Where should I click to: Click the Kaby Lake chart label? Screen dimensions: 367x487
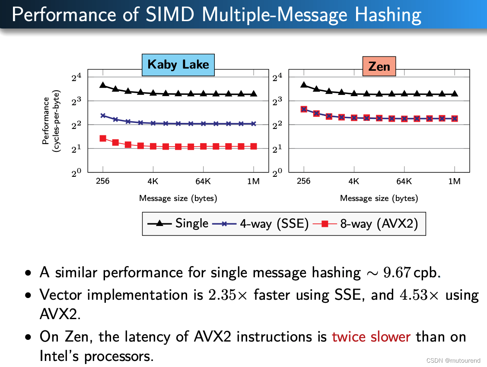pos(178,65)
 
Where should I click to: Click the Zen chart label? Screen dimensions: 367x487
pos(379,66)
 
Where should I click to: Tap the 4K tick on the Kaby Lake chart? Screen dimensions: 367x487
pos(153,181)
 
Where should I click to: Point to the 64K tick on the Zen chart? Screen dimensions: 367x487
pos(404,181)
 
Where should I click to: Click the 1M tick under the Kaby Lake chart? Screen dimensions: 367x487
pos(253,181)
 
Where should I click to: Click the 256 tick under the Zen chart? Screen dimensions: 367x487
pos(304,181)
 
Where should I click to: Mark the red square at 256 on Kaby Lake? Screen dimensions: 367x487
pos(103,138)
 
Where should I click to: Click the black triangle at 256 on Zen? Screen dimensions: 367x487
pos(304,85)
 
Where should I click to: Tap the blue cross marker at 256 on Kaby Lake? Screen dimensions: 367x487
pos(103,116)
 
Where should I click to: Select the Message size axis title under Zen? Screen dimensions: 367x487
pos(379,198)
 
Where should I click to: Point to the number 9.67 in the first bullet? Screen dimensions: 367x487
pos(396,273)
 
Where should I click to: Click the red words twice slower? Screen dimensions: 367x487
pos(371,336)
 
